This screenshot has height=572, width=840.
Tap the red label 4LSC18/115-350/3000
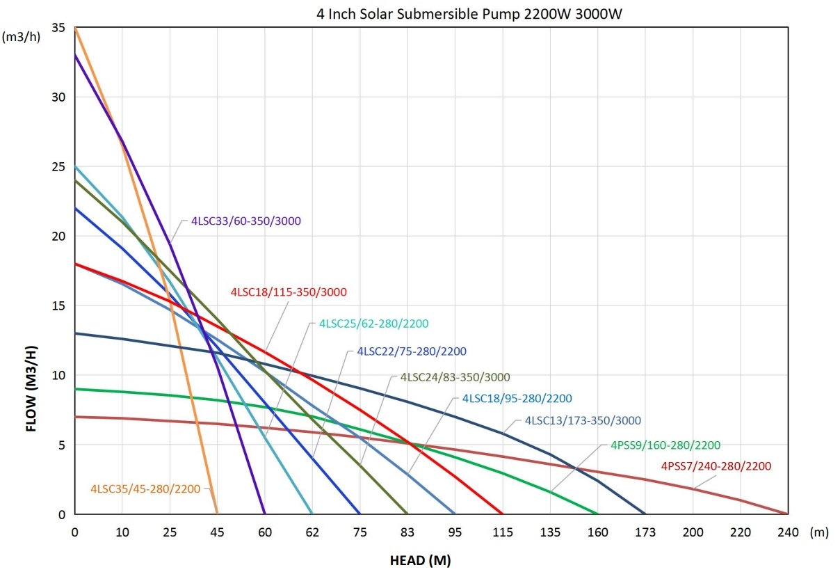[x=289, y=292]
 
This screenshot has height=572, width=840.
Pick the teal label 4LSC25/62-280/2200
[x=374, y=324]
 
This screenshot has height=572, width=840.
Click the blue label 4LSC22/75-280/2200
[x=412, y=351]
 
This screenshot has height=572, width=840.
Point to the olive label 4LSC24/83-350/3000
[x=455, y=377]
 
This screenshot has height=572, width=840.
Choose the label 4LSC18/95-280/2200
[x=517, y=399]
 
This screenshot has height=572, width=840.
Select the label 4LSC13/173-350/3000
[x=583, y=420]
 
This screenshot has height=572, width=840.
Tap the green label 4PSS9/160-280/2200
[x=665, y=445]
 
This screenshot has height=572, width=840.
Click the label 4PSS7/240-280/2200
[x=716, y=466]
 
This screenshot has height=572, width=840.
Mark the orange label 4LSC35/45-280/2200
[x=145, y=488]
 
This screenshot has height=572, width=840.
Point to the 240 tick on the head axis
[x=788, y=532]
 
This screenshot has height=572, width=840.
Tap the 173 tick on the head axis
[x=645, y=532]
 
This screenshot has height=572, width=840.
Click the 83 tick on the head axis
[x=407, y=532]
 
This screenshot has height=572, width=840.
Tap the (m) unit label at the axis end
[x=821, y=532]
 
